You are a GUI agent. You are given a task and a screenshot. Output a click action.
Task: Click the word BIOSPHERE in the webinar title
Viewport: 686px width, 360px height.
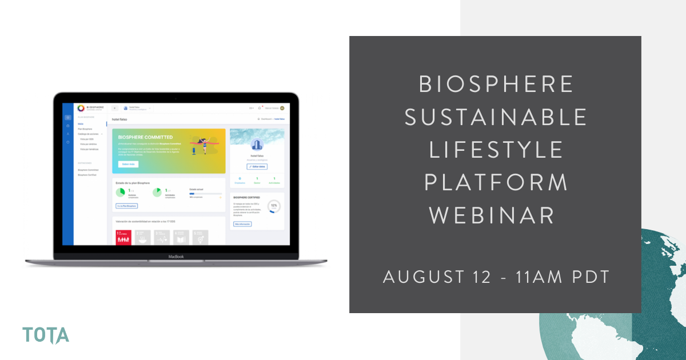point(495,85)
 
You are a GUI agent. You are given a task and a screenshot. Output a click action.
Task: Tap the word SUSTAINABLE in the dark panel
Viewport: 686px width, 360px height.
point(495,117)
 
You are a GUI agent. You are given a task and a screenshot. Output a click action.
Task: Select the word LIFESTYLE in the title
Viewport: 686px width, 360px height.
point(495,150)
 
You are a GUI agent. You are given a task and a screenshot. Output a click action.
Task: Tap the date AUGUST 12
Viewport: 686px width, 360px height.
point(437,277)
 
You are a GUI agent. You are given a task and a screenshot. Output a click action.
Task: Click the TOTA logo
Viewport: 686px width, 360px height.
point(46,335)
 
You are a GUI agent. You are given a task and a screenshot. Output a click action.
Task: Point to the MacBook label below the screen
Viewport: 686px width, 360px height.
point(176,257)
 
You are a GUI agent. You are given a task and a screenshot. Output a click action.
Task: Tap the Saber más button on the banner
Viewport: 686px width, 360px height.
point(128,164)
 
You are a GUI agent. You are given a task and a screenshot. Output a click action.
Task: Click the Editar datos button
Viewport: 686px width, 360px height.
point(257,166)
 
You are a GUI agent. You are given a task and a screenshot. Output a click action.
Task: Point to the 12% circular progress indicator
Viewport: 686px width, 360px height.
point(274,206)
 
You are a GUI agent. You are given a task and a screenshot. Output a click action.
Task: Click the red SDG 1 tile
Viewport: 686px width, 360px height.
point(123,237)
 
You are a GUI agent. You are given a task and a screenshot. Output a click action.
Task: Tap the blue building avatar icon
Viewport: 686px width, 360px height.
point(257,146)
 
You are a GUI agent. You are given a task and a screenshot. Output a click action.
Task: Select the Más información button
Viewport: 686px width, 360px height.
point(242,224)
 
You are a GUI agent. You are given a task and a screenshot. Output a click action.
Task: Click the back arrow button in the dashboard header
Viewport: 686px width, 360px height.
point(114,107)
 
